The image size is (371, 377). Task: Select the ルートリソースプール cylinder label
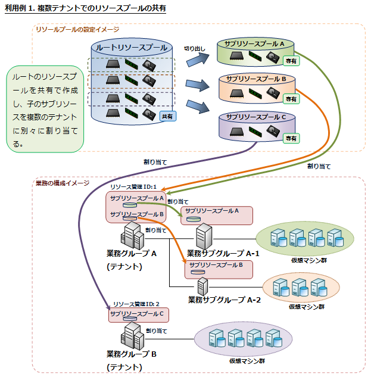[132, 47]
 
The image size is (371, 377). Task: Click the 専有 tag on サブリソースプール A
[291, 60]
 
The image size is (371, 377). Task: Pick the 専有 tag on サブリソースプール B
[291, 99]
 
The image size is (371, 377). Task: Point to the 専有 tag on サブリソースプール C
[291, 138]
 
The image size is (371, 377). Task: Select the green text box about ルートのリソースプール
[46, 108]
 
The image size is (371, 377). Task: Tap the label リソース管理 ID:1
[133, 187]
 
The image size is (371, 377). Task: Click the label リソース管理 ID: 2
[135, 304]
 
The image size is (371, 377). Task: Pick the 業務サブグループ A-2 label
[225, 299]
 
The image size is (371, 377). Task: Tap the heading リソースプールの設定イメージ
[77, 29]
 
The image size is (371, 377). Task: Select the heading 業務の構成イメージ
[63, 182]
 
